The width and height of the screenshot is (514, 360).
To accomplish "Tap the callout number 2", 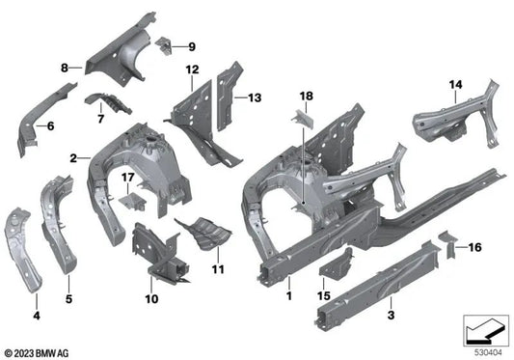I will coord(72,157).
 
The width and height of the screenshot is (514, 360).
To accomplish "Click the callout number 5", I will coord(69,287).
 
